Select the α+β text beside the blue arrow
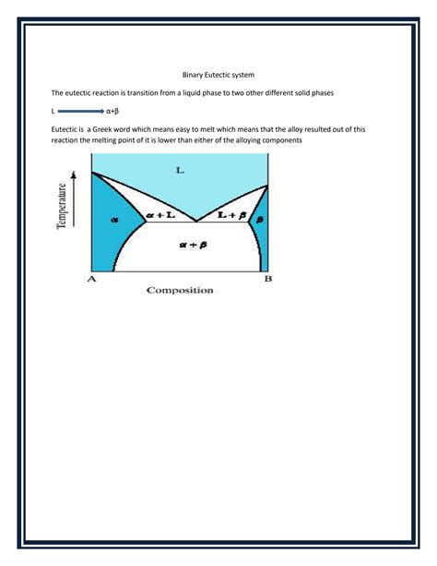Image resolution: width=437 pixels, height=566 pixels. (x=114, y=111)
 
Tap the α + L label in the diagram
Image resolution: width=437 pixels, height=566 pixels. (x=158, y=215)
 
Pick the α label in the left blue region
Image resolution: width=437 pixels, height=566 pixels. (x=115, y=220)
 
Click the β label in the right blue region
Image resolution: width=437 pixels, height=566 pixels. (x=260, y=220)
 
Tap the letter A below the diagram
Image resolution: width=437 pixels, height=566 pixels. (x=91, y=279)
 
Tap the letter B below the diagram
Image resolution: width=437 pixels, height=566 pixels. (x=268, y=278)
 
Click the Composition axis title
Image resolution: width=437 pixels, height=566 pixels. (x=179, y=290)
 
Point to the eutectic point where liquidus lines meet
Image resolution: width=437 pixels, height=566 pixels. (x=195, y=222)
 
